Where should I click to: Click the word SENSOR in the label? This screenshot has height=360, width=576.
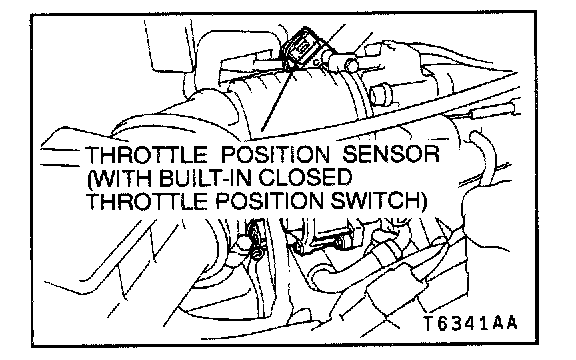coord(391,154)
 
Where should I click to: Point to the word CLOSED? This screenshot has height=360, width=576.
coord(306,178)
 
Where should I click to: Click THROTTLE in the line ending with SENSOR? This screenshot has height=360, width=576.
coord(146,154)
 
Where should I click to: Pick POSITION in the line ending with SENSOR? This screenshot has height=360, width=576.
coord(275,154)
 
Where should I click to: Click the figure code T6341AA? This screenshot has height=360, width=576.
coord(471,323)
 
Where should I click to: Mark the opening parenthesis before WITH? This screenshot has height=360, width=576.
coord(89,179)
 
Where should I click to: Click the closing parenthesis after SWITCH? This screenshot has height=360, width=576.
coord(424,202)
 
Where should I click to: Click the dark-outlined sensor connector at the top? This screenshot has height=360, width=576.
coord(302,48)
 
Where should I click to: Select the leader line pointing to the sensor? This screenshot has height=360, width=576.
coord(277,99)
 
